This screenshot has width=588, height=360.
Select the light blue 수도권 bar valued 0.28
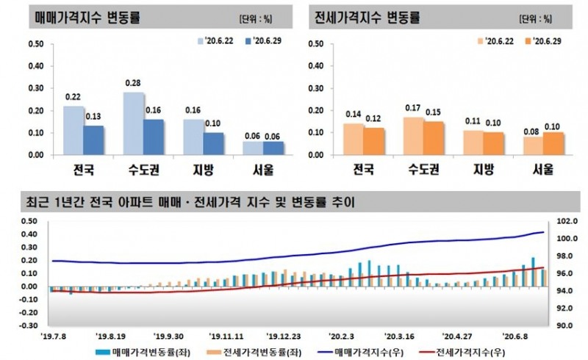[x=134, y=123]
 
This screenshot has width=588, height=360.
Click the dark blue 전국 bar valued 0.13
[x=93, y=140]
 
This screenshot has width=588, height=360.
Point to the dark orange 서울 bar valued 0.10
[x=553, y=144]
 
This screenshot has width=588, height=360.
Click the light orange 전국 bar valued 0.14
[x=354, y=140]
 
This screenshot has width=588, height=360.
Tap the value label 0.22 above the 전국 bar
[x=73, y=97]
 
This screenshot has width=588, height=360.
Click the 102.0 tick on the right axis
[x=556, y=221]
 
